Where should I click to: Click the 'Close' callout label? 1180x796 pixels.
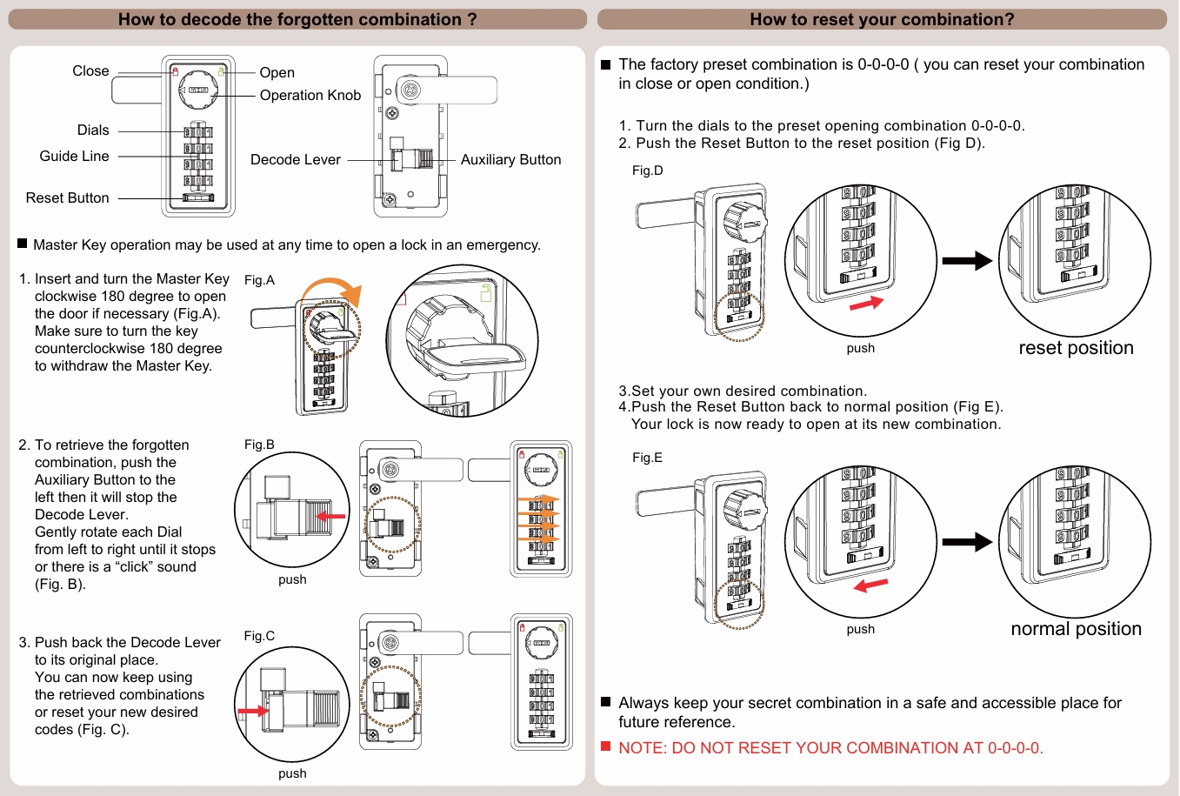(x=90, y=71)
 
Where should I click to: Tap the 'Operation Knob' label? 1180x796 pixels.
(x=310, y=96)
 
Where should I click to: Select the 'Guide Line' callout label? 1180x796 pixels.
(x=74, y=157)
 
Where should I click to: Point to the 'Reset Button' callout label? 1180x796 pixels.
(x=67, y=198)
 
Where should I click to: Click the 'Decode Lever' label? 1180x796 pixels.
(x=295, y=160)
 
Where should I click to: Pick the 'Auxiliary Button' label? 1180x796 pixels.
(x=510, y=160)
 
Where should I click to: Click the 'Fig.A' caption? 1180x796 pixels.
(x=259, y=280)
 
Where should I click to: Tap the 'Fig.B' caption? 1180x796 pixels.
(x=259, y=445)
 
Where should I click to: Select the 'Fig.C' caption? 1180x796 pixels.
(x=259, y=636)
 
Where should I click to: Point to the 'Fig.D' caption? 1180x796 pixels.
(x=647, y=171)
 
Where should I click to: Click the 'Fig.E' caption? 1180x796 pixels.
(x=647, y=458)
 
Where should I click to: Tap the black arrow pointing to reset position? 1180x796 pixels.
(x=966, y=260)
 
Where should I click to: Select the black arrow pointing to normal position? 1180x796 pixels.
(x=966, y=542)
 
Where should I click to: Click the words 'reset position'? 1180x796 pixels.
(x=1076, y=348)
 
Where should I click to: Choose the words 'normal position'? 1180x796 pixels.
(x=1076, y=629)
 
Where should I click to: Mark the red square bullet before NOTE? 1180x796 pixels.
(x=606, y=746)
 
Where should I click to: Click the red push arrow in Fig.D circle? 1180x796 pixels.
(x=866, y=303)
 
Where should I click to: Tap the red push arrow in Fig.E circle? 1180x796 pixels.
(x=870, y=585)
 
